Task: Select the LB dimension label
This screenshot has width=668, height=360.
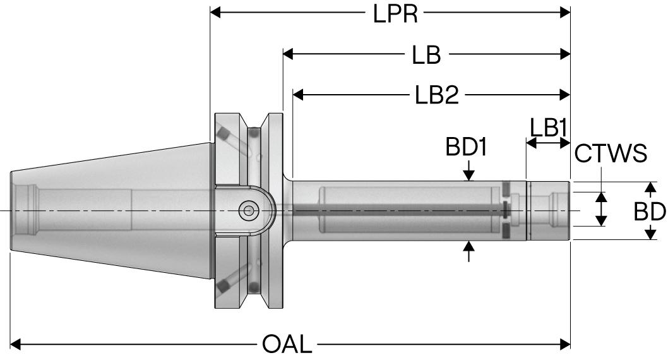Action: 426,55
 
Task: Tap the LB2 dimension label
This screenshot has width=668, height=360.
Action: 436,95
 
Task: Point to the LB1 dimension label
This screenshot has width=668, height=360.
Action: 547,128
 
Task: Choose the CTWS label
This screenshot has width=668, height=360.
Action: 611,153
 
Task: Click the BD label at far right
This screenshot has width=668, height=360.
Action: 650,212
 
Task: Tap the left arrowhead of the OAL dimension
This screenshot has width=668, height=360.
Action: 17,345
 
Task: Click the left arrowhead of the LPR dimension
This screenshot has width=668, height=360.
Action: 216,13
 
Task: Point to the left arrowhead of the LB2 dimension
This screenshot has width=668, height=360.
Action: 299,95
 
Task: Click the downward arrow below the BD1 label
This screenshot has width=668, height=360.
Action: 468,173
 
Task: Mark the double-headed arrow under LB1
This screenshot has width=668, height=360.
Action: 548,143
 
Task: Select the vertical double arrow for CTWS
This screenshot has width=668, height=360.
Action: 602,210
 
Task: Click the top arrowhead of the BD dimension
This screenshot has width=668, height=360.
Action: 650,188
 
